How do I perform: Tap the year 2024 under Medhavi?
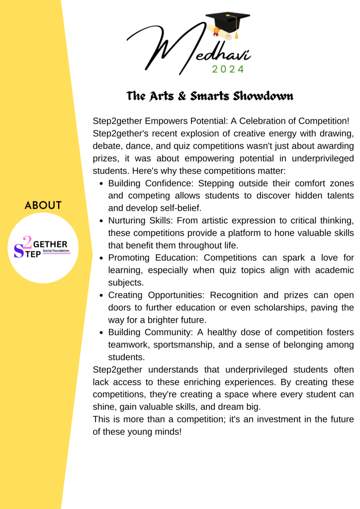click(228, 70)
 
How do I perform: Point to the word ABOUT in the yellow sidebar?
click(43, 205)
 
